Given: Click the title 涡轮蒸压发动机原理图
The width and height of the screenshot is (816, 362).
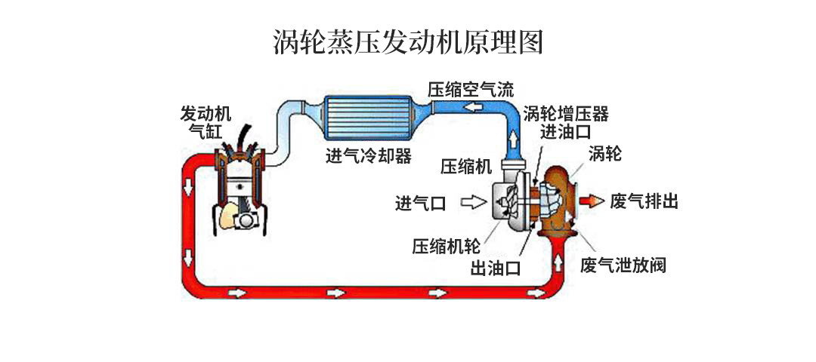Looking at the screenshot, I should click(408, 42).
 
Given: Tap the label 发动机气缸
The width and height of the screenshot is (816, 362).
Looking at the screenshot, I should click(206, 121).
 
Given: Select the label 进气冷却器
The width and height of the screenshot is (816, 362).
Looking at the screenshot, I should click(368, 156).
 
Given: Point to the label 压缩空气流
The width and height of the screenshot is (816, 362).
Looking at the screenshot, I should click(471, 88).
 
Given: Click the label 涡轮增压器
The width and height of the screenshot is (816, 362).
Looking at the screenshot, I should click(565, 114).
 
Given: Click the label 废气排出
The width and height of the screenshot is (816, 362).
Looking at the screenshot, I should click(644, 201).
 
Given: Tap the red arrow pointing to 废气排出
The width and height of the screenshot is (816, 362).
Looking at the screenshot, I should click(592, 201).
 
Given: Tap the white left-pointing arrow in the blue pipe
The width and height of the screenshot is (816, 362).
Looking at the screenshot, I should click(476, 106).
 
